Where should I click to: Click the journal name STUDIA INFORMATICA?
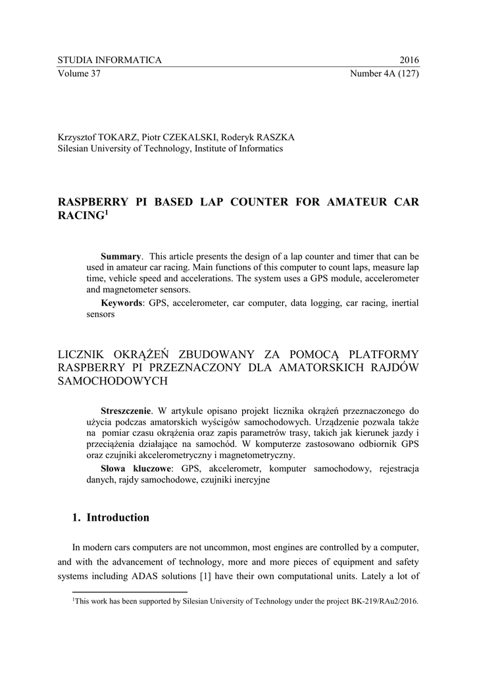109,61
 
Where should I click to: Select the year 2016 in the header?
409,61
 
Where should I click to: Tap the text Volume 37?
79,73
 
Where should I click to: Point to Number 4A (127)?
385,73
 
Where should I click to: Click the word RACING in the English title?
80,215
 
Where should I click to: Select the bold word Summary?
120,256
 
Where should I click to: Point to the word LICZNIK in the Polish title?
82,355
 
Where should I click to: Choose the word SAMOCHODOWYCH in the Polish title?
113,381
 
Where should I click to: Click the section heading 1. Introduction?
111,517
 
